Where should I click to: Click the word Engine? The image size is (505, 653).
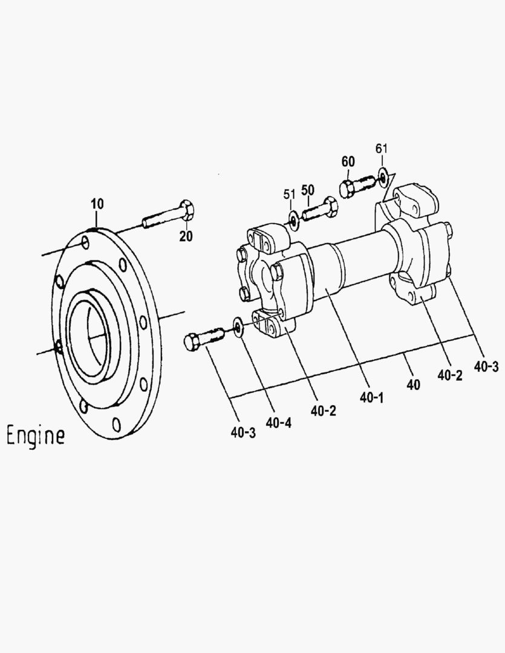35,435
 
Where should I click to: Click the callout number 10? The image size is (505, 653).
97,204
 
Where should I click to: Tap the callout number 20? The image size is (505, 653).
185,236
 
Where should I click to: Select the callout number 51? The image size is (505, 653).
290,194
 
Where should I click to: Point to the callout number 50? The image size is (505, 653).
308,189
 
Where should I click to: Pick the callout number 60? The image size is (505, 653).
348,161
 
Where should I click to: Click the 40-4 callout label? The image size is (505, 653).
278,423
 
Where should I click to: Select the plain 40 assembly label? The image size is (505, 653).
414,385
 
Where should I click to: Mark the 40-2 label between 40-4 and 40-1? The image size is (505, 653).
324,411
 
